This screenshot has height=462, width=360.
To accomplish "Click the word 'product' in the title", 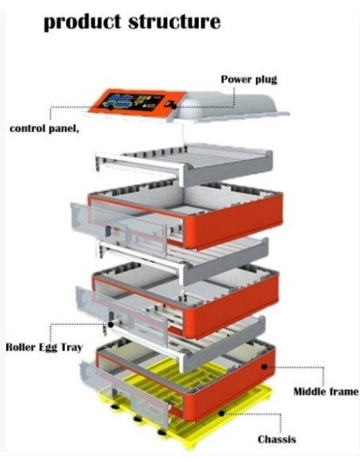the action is coord(82,22).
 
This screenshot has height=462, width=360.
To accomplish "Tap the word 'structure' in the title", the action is coord(174,21).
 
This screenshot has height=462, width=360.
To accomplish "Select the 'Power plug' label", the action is coord(249,80).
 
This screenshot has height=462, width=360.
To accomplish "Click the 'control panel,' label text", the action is coord(44,129).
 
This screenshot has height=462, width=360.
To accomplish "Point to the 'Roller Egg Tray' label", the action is coord(44,347).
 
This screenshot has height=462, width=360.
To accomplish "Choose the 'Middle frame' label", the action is coord(326,392).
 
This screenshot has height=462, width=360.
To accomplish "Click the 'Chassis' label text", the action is coord(276,439).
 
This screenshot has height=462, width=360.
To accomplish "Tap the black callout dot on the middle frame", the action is coord(264,366).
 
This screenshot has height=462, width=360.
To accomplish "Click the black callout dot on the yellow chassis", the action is coord(221,413).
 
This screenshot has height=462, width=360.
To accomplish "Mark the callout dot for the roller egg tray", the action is coord(111,325).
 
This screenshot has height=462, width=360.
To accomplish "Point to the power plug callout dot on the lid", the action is coord(174,106).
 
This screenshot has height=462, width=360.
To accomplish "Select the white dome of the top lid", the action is coord(233,104).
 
